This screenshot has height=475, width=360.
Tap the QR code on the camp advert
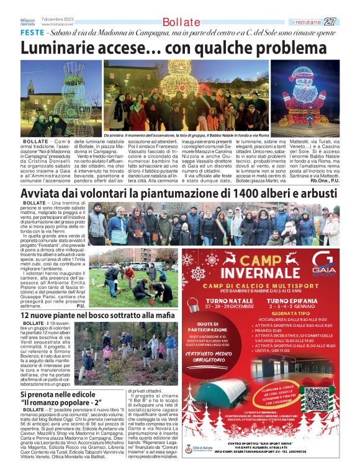(x=317, y=400)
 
